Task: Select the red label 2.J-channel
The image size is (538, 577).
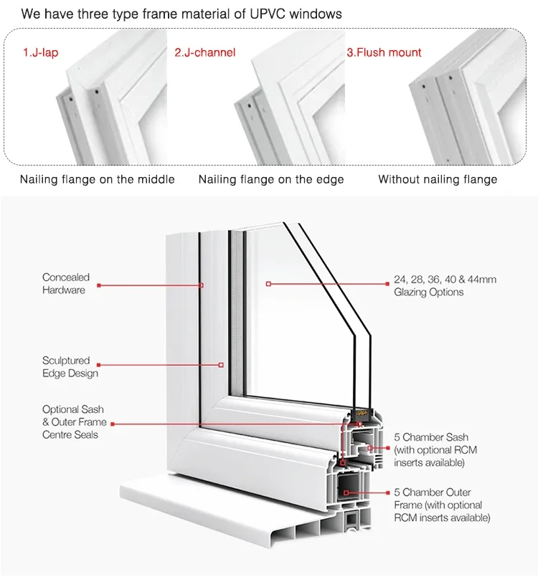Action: [x=204, y=52]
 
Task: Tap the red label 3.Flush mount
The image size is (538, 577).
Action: [x=384, y=52]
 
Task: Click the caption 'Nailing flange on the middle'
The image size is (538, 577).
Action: [x=97, y=179]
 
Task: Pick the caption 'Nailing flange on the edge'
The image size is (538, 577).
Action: [x=271, y=179]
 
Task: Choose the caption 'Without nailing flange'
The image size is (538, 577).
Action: [x=438, y=179]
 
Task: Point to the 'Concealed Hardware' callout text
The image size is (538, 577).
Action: [x=65, y=284]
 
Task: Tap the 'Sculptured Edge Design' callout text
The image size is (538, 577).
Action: [x=70, y=367]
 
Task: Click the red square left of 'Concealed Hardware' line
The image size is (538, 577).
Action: [x=98, y=285]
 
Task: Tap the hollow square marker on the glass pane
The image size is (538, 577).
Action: [x=268, y=284]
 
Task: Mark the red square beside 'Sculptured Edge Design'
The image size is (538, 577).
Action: [x=98, y=365]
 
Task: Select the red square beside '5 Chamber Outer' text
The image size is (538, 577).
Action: [x=388, y=492]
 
